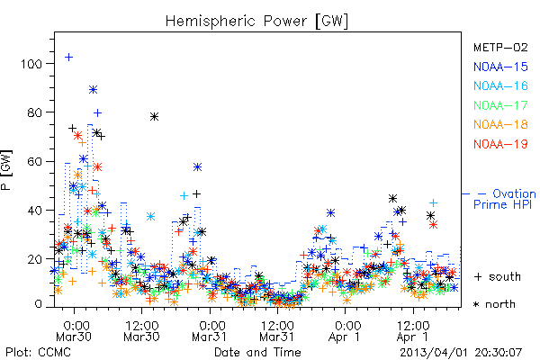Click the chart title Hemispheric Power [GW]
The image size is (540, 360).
click(256, 22)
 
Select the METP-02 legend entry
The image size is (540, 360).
click(500, 47)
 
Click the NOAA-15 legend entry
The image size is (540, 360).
click(500, 67)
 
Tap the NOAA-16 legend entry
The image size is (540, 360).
click(500, 85)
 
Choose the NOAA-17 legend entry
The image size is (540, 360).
click(500, 105)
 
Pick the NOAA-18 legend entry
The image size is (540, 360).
click(500, 124)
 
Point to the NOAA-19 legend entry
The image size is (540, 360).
click(500, 144)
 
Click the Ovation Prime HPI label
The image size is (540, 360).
click(505, 199)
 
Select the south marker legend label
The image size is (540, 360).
click(498, 276)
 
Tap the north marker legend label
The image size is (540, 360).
click(494, 304)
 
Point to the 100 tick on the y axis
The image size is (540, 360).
click(31, 64)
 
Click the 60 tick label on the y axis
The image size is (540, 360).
click(35, 162)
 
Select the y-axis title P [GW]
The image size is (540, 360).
click(6, 170)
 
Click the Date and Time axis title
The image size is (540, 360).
click(257, 352)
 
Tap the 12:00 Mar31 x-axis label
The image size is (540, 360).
click(277, 331)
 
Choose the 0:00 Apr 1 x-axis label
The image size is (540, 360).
click(345, 331)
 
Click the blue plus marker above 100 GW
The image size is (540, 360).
click(69, 57)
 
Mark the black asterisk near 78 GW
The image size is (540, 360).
click(154, 117)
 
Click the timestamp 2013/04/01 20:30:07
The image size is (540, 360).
click(461, 353)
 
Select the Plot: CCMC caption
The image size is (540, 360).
click(38, 353)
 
